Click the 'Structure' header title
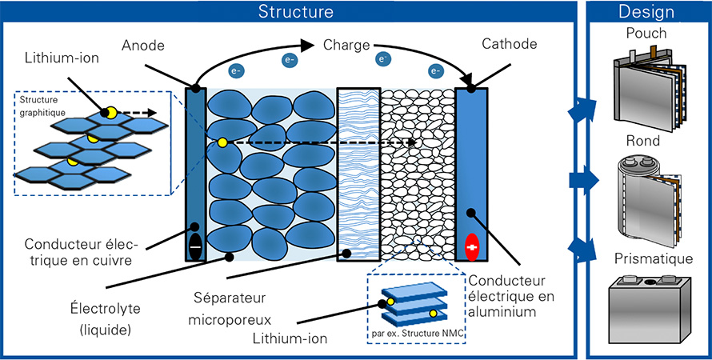click(x=296, y=11)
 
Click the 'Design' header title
click(x=646, y=12)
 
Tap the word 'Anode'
click(x=142, y=46)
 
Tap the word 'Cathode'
click(x=509, y=44)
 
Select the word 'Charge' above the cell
click(x=346, y=46)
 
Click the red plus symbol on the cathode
click(x=473, y=247)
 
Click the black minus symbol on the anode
click(x=195, y=247)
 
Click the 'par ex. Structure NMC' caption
click(x=418, y=334)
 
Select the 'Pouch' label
click(x=646, y=33)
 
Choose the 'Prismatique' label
click(x=654, y=258)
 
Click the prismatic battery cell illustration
click(x=649, y=309)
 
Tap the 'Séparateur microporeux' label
click(x=230, y=309)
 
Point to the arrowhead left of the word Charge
click(x=308, y=45)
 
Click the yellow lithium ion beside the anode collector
click(x=222, y=142)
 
